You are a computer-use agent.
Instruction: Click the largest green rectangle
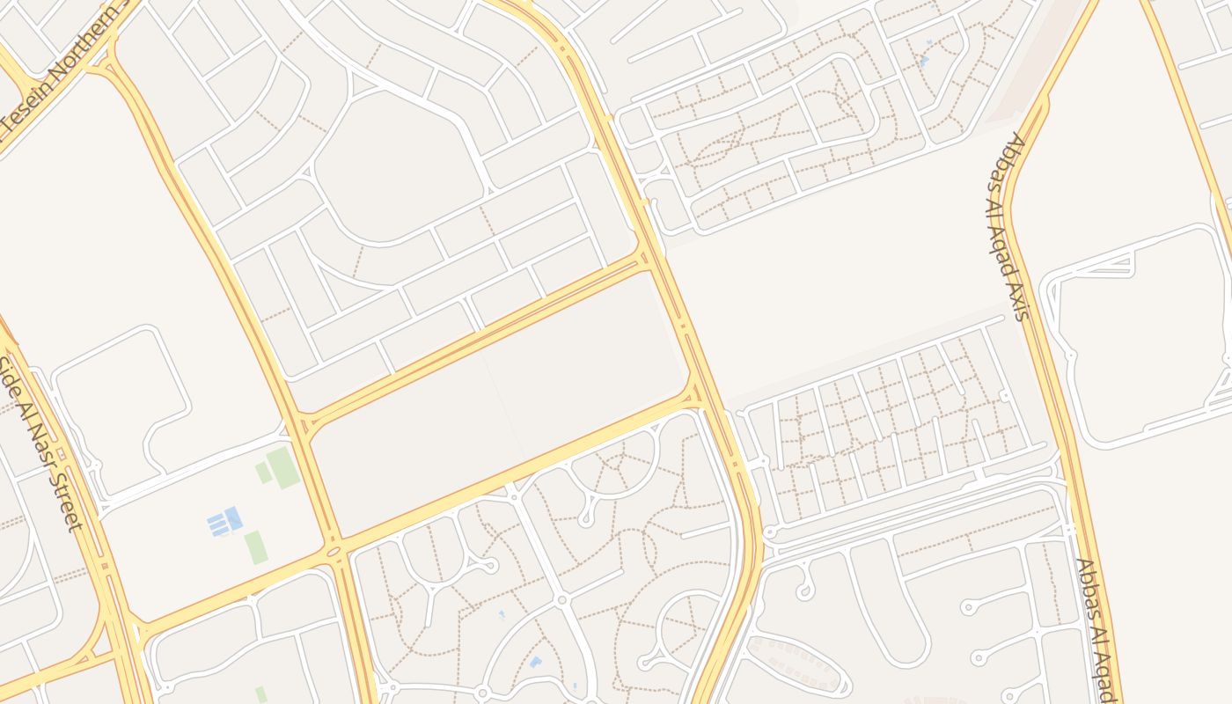point(283,467)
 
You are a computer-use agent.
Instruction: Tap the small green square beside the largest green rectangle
point(263,473)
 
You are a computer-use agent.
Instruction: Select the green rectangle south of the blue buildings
point(256,546)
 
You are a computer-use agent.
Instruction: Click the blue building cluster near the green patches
point(224,521)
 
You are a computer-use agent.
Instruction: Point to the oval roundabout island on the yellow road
point(334,552)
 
